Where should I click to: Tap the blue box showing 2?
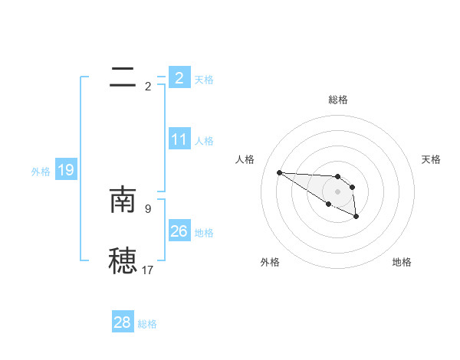[x=179, y=77]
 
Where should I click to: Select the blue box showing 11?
[x=179, y=140]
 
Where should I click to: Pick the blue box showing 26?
[x=179, y=231]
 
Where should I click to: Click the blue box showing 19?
[x=66, y=171]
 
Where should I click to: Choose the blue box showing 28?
[x=123, y=322]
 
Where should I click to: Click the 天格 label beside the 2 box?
[x=204, y=79]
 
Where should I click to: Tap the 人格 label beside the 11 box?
[x=204, y=141]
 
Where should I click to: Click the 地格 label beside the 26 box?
[x=204, y=232]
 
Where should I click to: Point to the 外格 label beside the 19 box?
[x=41, y=172]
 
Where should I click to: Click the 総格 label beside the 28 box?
[x=147, y=323]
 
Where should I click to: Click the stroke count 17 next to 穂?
[x=148, y=270]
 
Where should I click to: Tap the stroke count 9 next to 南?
[x=148, y=207]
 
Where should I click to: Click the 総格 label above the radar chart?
[x=338, y=100]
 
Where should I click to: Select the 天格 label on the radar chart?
[x=431, y=159]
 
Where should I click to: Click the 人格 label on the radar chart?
[x=245, y=159]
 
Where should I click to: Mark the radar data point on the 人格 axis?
[x=279, y=172]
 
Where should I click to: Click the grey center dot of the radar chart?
[x=338, y=191]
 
